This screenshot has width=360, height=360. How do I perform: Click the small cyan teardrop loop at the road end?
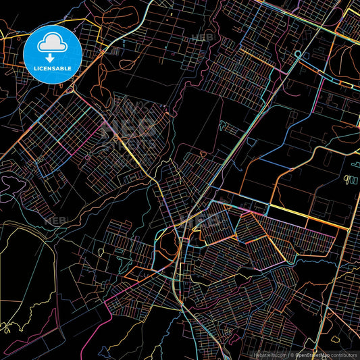(297, 54)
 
